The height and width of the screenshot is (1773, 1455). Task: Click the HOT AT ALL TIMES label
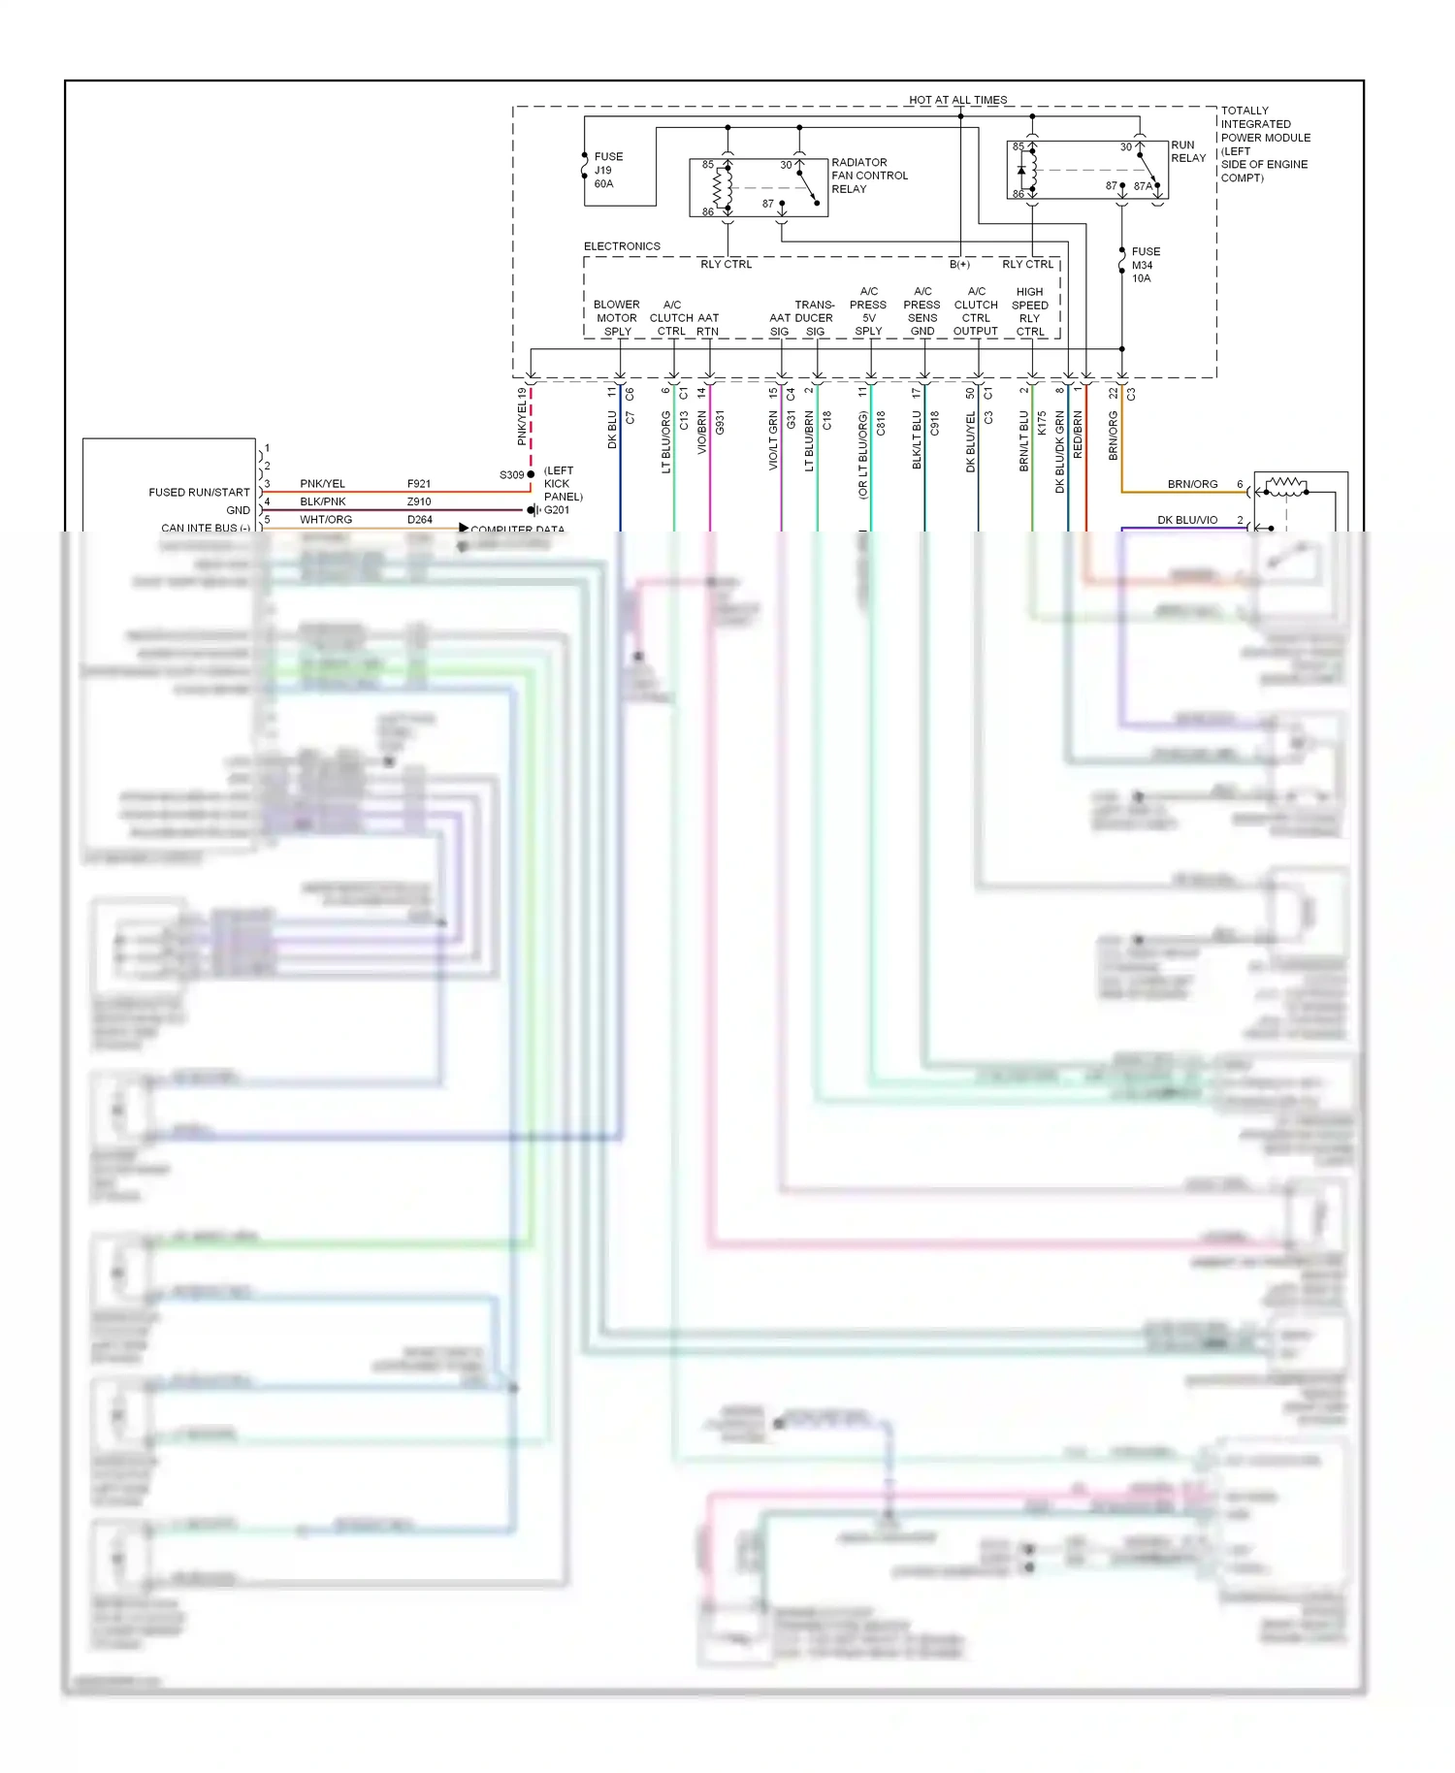(957, 100)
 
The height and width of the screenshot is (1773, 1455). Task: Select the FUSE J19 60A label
(607, 170)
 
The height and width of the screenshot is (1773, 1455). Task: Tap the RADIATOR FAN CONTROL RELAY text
(869, 176)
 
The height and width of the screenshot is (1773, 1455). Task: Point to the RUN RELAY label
(1187, 151)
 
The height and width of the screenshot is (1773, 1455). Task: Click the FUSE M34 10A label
(1145, 265)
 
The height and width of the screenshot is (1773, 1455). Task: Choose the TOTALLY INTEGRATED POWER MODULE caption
(1265, 144)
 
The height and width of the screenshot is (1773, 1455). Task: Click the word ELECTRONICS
(622, 246)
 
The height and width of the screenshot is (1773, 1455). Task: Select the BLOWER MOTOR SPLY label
(617, 318)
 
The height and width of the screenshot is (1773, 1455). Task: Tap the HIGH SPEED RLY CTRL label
(1030, 311)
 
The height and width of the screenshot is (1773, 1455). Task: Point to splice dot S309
(531, 474)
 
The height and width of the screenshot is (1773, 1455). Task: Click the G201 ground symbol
(533, 510)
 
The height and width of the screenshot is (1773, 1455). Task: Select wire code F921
(419, 483)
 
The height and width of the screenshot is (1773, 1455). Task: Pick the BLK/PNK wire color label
(323, 501)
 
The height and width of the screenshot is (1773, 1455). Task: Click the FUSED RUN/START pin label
(199, 492)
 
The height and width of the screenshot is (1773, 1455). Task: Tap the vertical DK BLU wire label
(612, 430)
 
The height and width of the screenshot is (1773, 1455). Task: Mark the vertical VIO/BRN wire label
(701, 433)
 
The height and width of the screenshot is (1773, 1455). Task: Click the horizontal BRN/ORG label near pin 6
(1192, 484)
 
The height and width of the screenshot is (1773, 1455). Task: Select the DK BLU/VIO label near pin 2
(1187, 520)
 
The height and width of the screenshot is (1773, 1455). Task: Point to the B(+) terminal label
(959, 264)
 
